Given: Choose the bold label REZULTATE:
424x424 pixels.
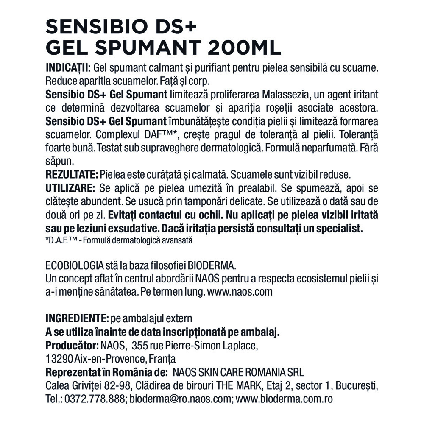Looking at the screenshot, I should click(x=72, y=174).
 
